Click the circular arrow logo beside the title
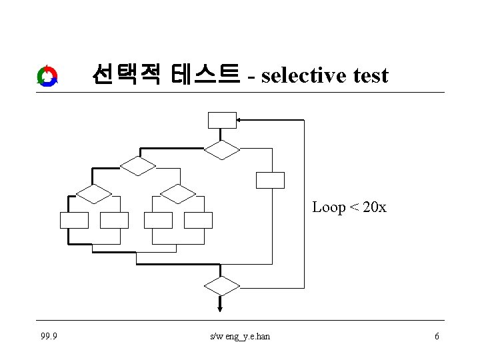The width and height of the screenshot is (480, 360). coord(47,76)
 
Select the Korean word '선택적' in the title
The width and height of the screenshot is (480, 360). coord(127,75)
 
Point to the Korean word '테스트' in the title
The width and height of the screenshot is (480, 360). coord(205,75)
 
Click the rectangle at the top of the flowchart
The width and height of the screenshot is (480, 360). coord(222,119)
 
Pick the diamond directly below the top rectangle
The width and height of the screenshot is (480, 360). coord(222,150)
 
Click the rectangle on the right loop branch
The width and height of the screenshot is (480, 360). coord(270,180)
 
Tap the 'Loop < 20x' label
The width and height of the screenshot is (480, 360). coord(349,207)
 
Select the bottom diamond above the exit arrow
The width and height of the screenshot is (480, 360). coord(221,287)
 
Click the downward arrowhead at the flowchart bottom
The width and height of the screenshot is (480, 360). coord(221,307)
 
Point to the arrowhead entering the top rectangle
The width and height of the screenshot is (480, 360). coord(241,120)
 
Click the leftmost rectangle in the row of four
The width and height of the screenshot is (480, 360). coord(74,220)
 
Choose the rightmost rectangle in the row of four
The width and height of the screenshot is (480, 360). coord(198,220)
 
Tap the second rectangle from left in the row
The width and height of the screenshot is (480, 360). coord(114,220)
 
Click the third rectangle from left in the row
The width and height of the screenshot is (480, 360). coord(158,220)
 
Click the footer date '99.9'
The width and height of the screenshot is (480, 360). coord(49,336)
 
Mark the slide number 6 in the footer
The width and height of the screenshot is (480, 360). coord(437,336)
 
